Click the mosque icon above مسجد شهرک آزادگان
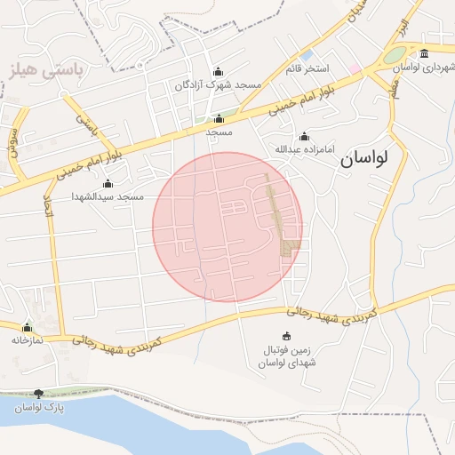click(220, 72)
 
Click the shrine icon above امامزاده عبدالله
click(305, 136)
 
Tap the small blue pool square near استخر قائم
click(307, 55)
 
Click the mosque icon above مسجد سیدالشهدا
click(108, 183)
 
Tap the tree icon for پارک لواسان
click(38, 394)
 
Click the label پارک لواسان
click(38, 406)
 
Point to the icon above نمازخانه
click(27, 327)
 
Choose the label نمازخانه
click(27, 339)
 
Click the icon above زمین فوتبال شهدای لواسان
click(286, 336)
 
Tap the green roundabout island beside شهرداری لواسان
click(395, 55)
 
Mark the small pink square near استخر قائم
click(354, 68)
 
